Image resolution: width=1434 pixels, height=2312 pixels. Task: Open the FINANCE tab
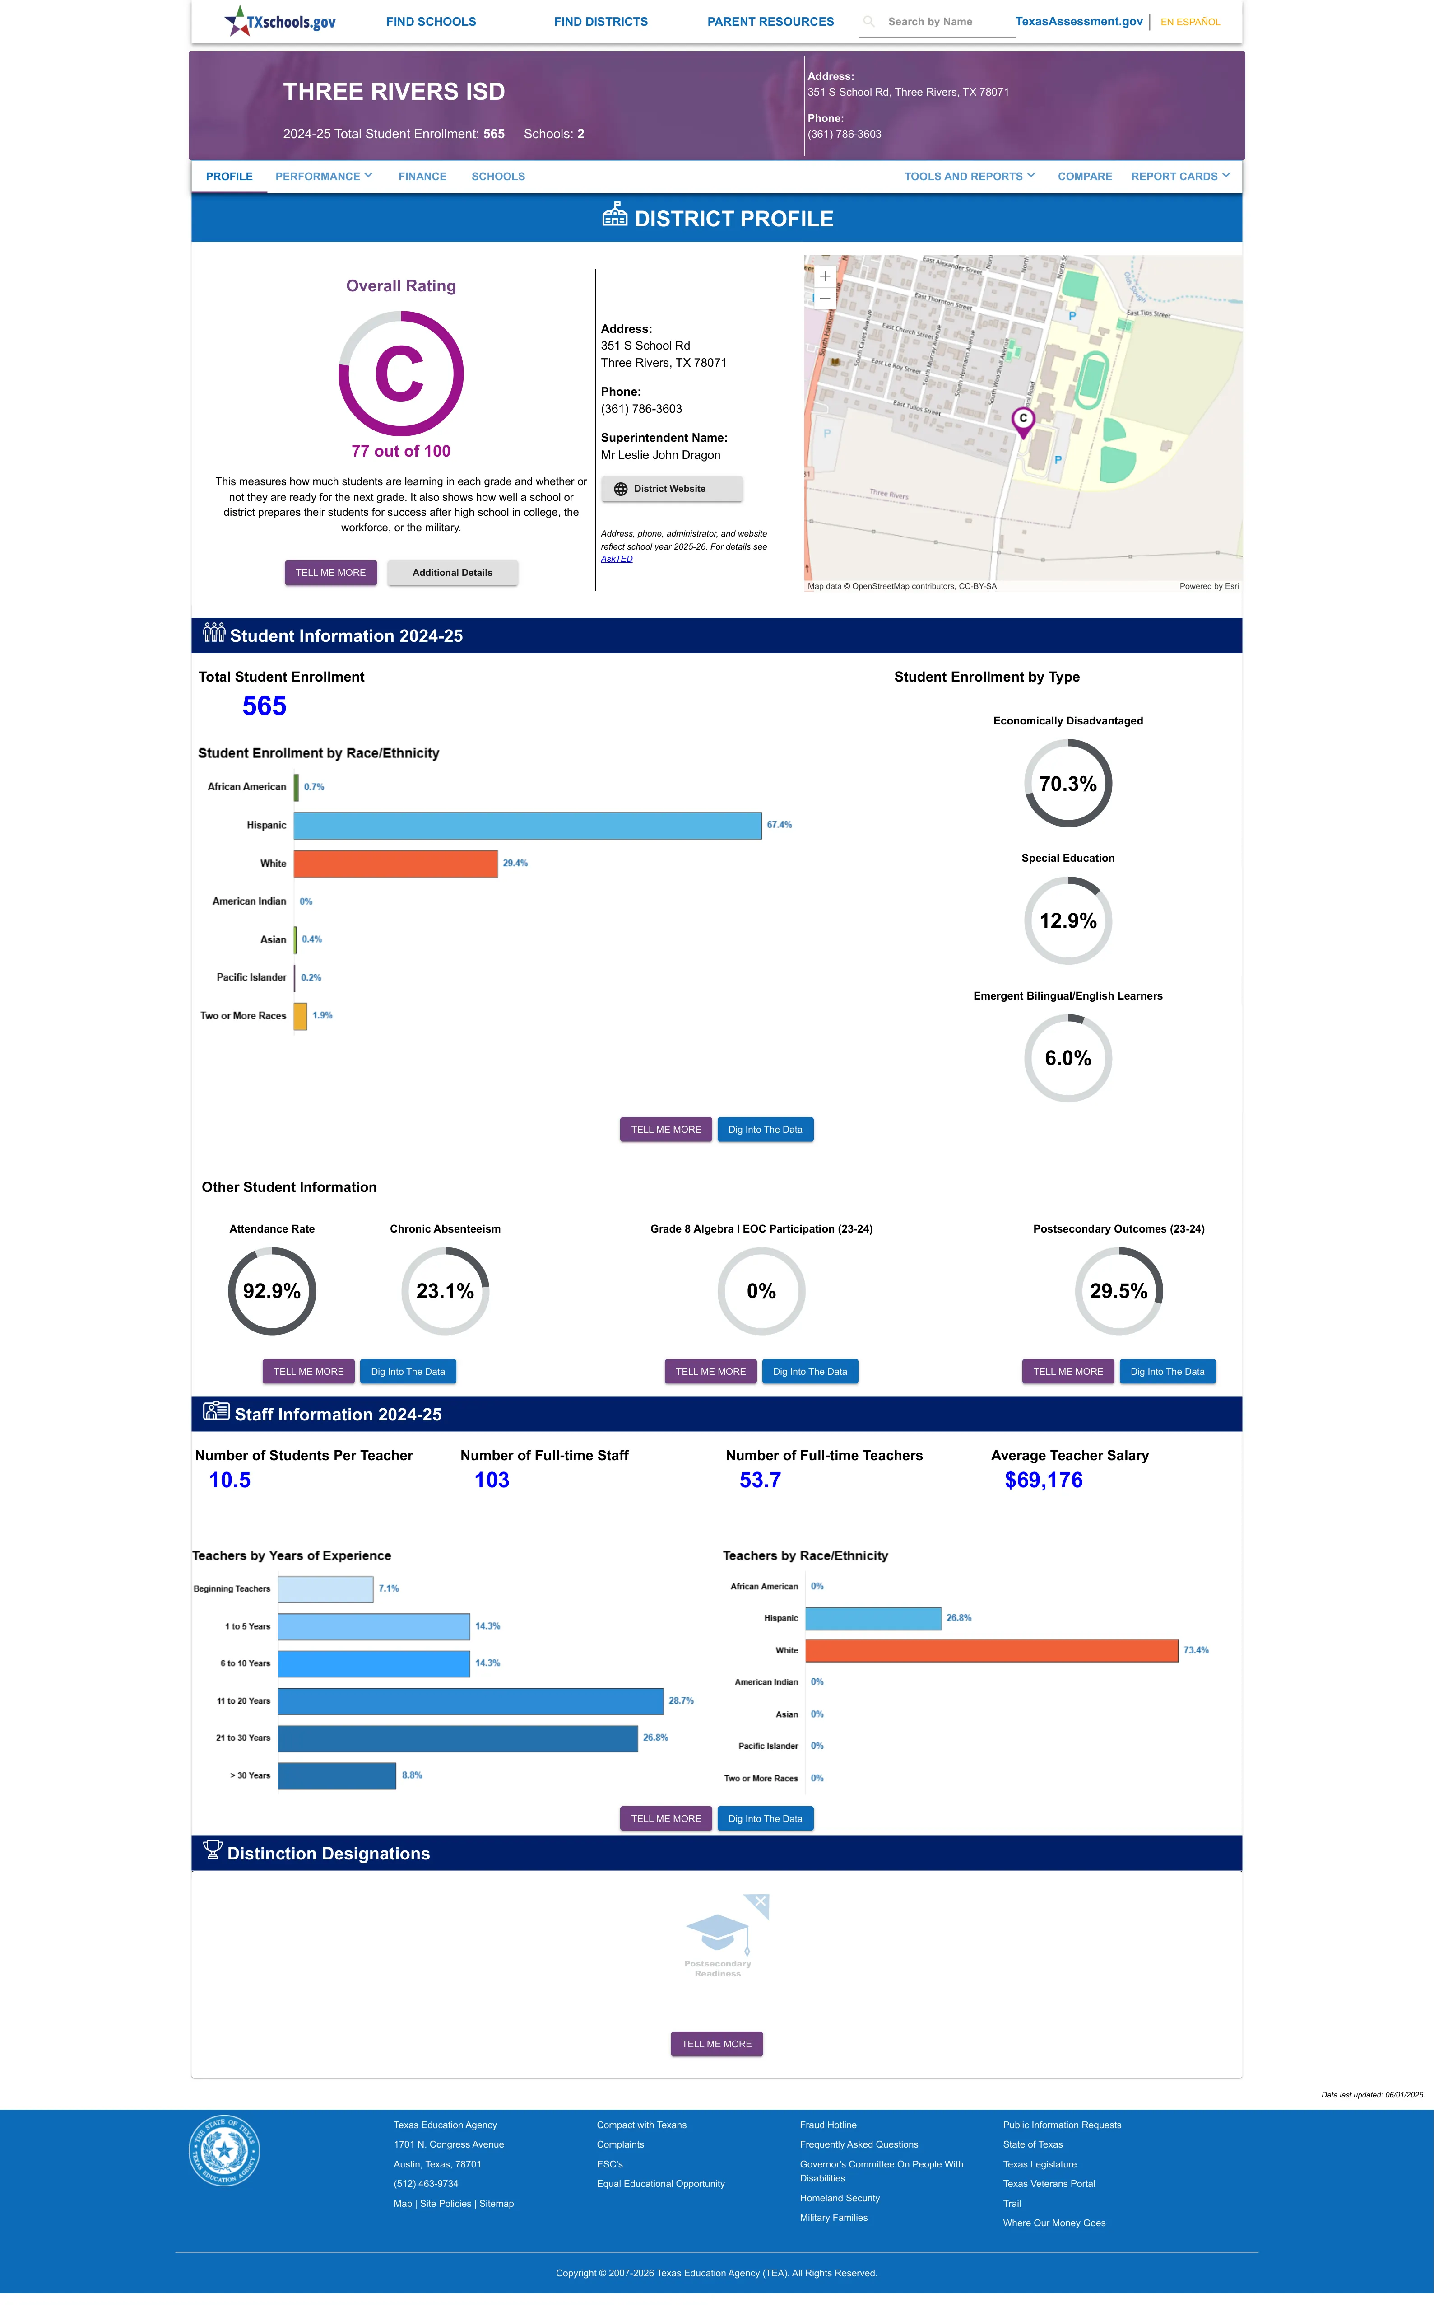[x=422, y=177]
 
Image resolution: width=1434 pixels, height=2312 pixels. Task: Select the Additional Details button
[x=452, y=573]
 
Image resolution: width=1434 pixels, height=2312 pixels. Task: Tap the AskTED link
[x=617, y=559]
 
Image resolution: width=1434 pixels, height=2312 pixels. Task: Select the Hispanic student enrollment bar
[x=527, y=825]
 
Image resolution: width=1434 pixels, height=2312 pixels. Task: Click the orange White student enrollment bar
[x=395, y=863]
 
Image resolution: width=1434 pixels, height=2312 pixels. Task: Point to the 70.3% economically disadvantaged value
[x=1068, y=784]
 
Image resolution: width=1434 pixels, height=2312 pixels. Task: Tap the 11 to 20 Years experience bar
[x=470, y=1701]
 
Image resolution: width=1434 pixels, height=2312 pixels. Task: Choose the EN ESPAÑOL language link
[x=1190, y=22]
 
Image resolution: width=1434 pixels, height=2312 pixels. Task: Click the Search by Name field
[x=937, y=22]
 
